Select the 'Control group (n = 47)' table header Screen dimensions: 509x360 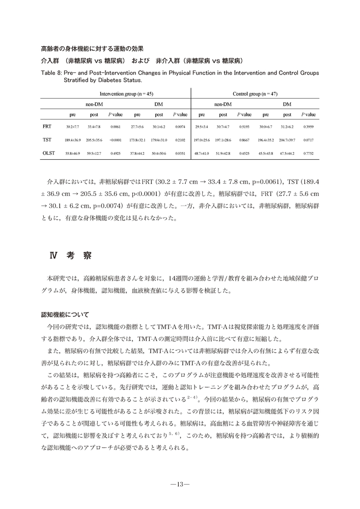pyautogui.click(x=255, y=94)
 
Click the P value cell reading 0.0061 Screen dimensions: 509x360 pyautogui.click(x=116, y=126)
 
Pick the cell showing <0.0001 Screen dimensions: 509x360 pyautogui.click(x=116, y=139)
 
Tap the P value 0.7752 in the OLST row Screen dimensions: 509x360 pyautogui.click(x=308, y=153)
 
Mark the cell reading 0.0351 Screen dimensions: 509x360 pyautogui.click(x=180, y=153)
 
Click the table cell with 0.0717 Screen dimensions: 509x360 pyautogui.click(x=308, y=139)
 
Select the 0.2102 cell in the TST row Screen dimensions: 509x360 pyautogui.click(x=180, y=139)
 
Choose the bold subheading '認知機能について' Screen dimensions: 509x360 pyautogui.click(x=65, y=314)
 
